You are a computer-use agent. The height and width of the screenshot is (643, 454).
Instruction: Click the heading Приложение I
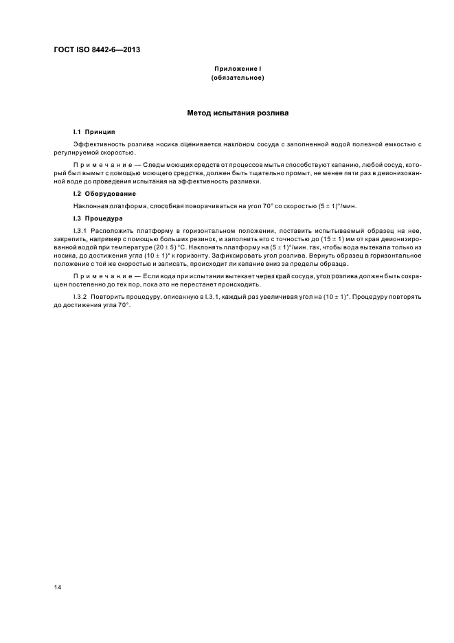pos(238,69)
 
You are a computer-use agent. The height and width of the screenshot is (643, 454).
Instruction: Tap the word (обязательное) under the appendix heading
pos(238,78)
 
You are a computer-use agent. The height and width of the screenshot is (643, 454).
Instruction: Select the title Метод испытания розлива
pos(238,112)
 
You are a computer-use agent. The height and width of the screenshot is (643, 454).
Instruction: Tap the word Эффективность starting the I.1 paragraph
pos(98,144)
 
